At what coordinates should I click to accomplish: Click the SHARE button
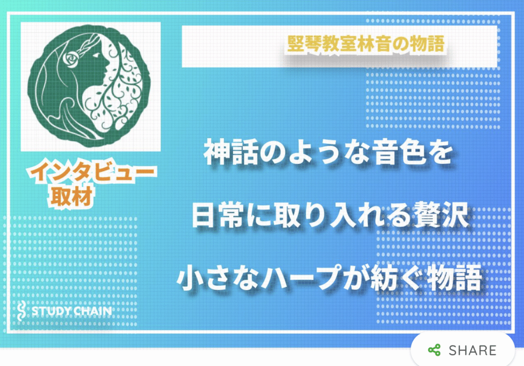tap(463, 350)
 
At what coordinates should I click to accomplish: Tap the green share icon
tap(434, 350)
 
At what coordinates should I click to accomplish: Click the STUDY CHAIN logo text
tap(72, 311)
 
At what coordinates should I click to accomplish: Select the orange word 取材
tap(72, 196)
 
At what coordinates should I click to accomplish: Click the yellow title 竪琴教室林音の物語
tap(366, 43)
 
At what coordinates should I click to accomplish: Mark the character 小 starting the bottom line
tap(190, 278)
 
